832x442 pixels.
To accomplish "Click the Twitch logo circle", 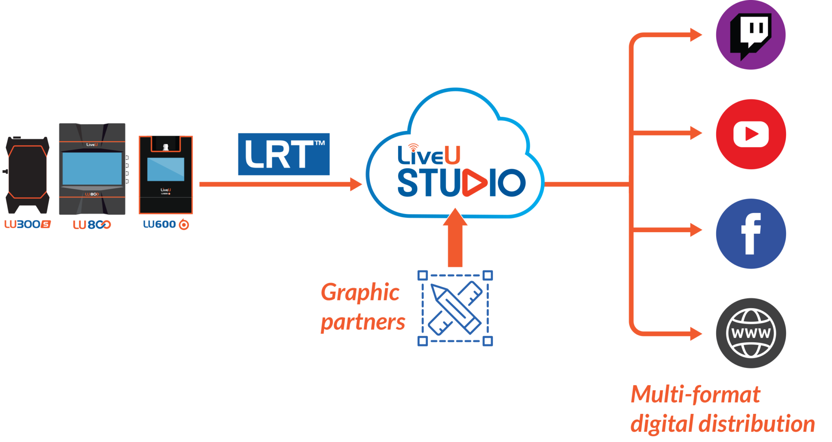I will coord(750,35).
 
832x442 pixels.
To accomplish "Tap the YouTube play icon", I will coord(751,134).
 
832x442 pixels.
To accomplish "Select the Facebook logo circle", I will coord(751,234).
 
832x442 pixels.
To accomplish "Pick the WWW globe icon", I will coord(751,333).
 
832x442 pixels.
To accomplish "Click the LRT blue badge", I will coord(284,154).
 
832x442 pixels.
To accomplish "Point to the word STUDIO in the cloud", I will coord(461,183).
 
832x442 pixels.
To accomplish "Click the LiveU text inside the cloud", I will coord(428,155).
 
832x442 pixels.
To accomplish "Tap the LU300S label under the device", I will coord(27,224).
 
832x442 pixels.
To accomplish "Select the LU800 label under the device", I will coord(92,224).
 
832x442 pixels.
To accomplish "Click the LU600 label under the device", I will coord(166,224).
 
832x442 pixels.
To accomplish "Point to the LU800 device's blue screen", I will coord(92,168).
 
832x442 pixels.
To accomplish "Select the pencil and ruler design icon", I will coord(455,308).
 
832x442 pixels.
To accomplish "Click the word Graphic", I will coord(360,292).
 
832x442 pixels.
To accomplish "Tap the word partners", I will coord(362,322).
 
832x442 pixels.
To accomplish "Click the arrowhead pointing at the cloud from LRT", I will coord(356,184).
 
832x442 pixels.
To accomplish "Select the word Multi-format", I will coord(695,394).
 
